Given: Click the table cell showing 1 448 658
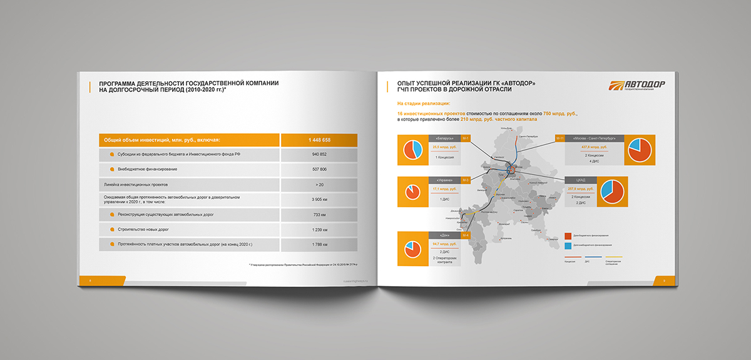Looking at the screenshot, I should click(319, 140).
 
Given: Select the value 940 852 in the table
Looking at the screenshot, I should click(319, 155).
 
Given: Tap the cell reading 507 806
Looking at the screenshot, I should click(319, 170).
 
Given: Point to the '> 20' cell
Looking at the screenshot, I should click(319, 185).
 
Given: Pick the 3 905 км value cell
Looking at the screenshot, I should click(319, 200).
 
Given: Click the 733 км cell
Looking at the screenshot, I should click(319, 215).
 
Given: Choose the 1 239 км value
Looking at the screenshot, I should click(319, 230).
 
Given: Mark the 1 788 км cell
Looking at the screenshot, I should click(319, 244).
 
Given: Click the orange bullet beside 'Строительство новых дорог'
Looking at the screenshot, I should click(111, 230).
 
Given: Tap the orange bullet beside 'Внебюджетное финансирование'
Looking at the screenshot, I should click(111, 170).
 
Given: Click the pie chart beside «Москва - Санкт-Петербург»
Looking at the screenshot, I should click(640, 150).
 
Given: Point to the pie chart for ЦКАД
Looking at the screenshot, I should click(613, 192).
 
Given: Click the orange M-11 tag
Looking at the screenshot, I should click(559, 138).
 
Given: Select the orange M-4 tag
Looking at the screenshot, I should click(465, 235).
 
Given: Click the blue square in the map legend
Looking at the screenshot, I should click(568, 245).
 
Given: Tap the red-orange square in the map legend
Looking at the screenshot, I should click(568, 236).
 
